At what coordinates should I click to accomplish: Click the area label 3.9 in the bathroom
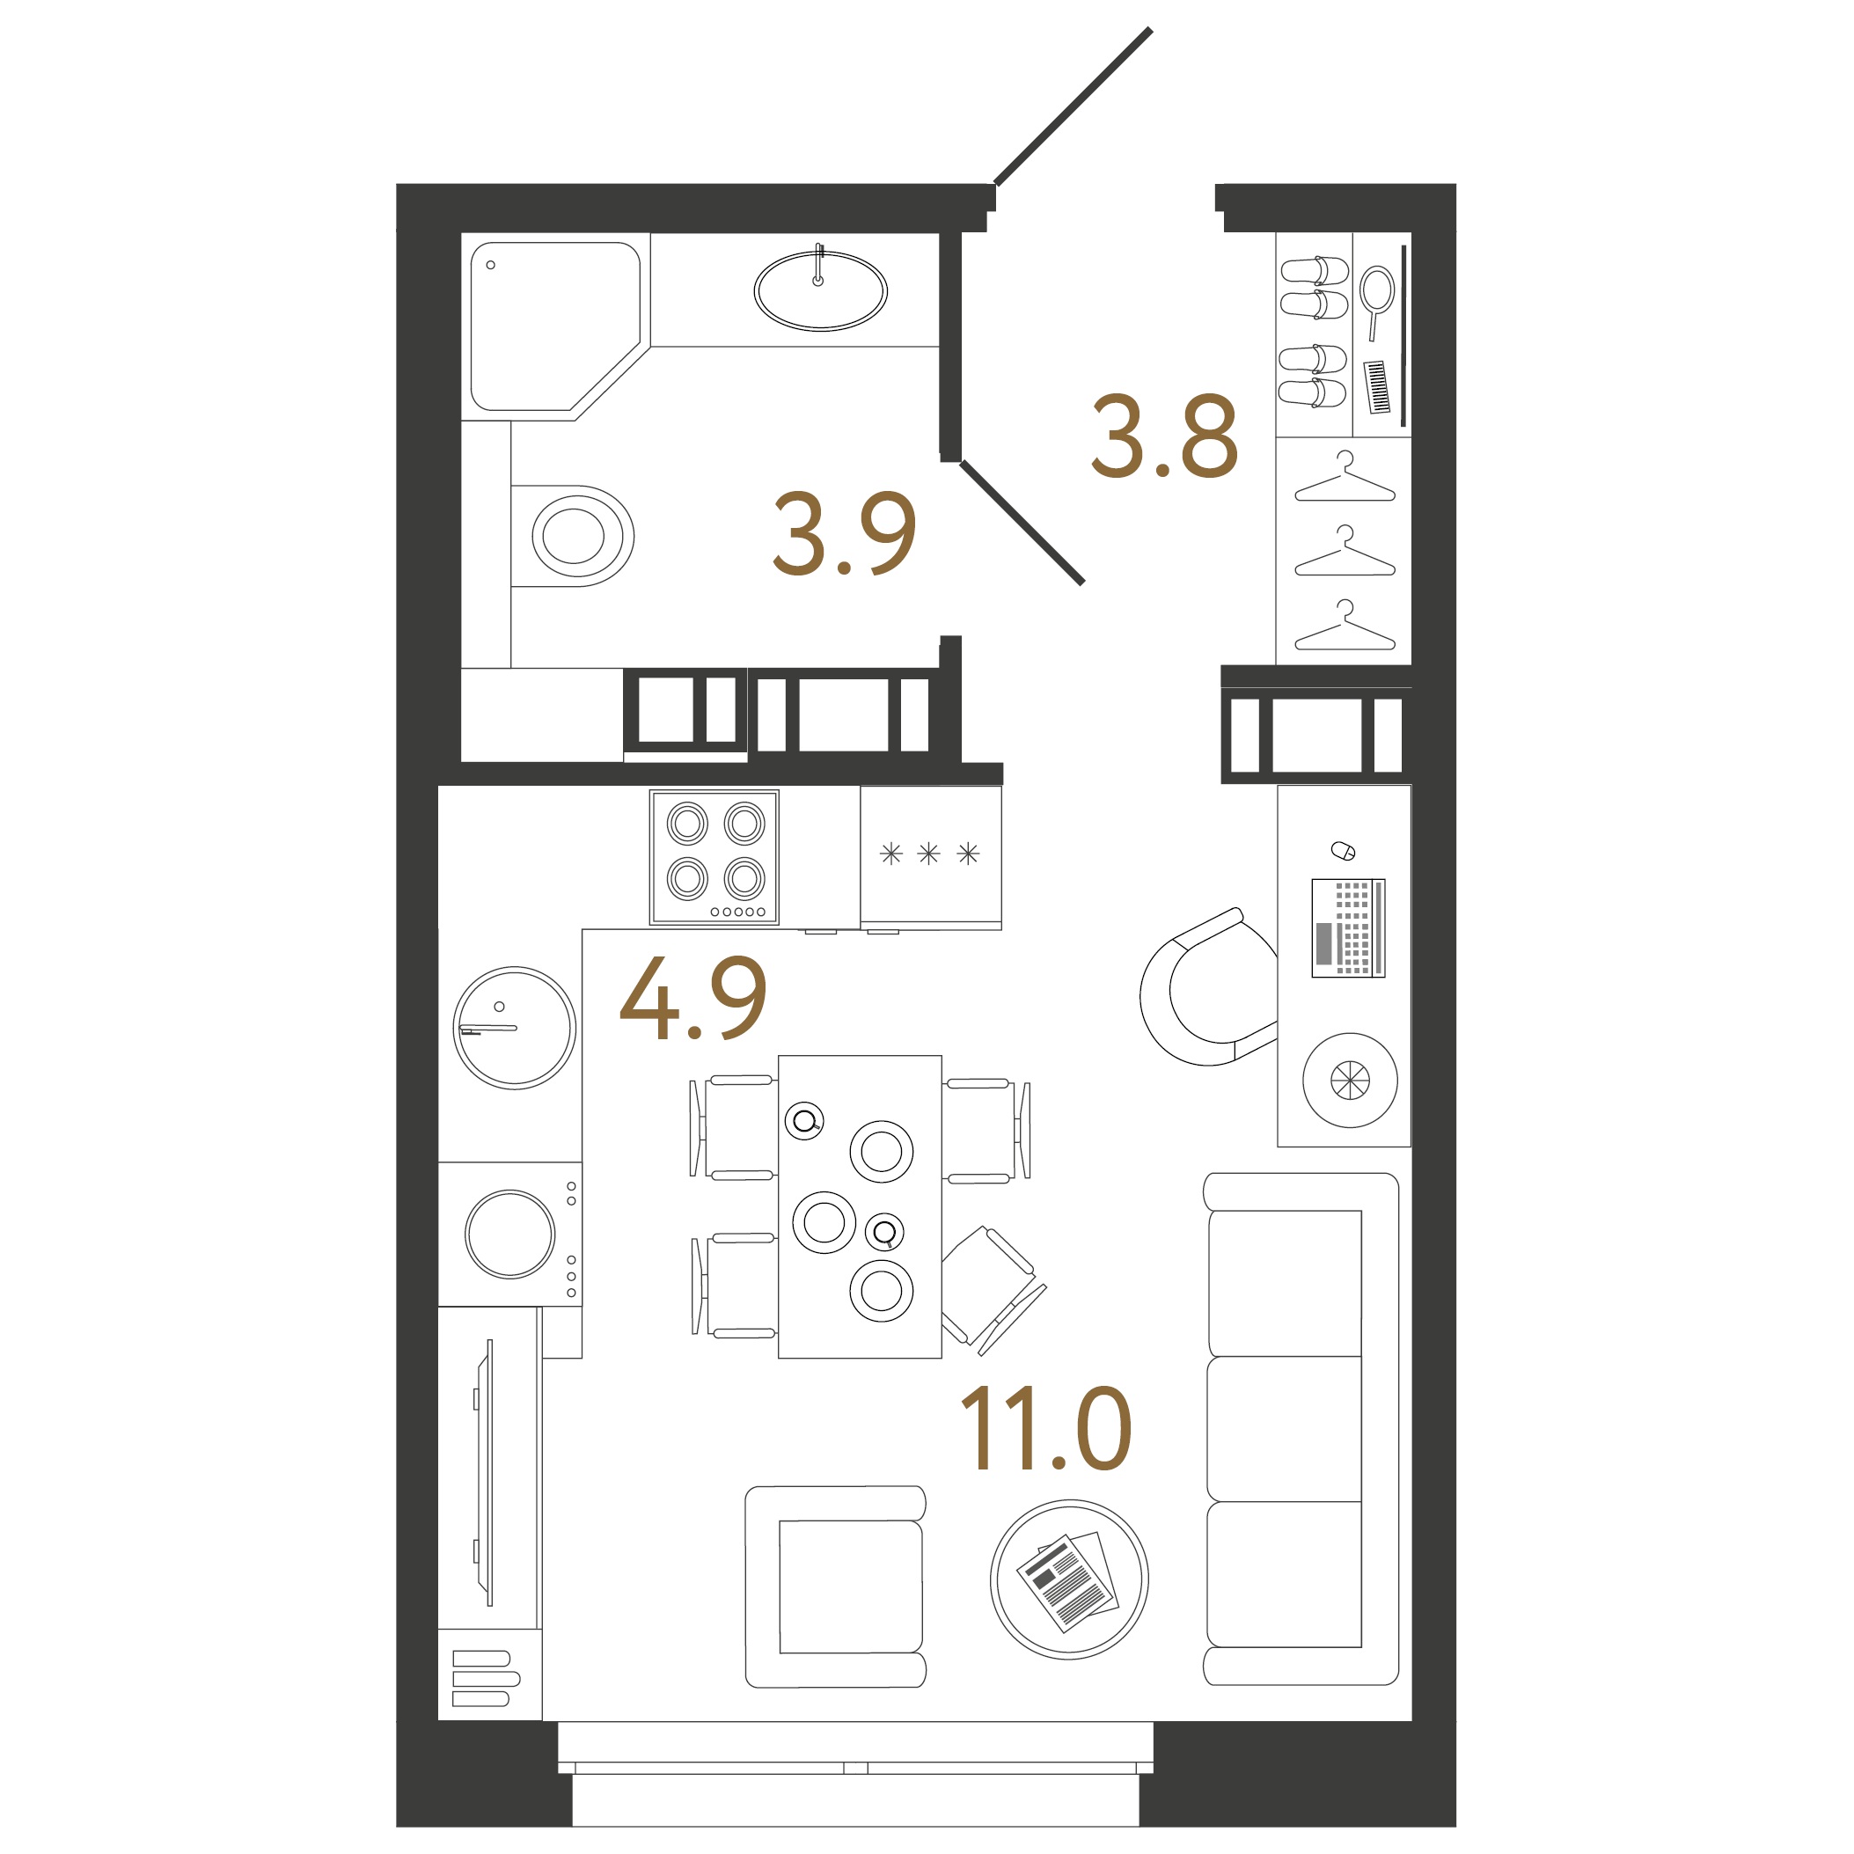(845, 533)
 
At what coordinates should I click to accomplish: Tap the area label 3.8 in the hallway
(1164, 436)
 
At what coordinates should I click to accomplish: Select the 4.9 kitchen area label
(693, 997)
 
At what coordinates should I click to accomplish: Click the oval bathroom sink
(820, 290)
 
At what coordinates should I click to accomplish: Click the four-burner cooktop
(714, 857)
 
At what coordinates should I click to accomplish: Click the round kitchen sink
(515, 1028)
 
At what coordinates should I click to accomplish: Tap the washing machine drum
(509, 1234)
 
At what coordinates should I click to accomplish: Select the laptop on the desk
(1348, 928)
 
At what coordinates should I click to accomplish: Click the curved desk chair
(1205, 989)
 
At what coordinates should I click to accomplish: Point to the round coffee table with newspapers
(1069, 1579)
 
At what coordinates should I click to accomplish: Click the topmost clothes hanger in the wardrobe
(1345, 479)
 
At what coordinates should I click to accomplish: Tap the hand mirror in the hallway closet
(1377, 297)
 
